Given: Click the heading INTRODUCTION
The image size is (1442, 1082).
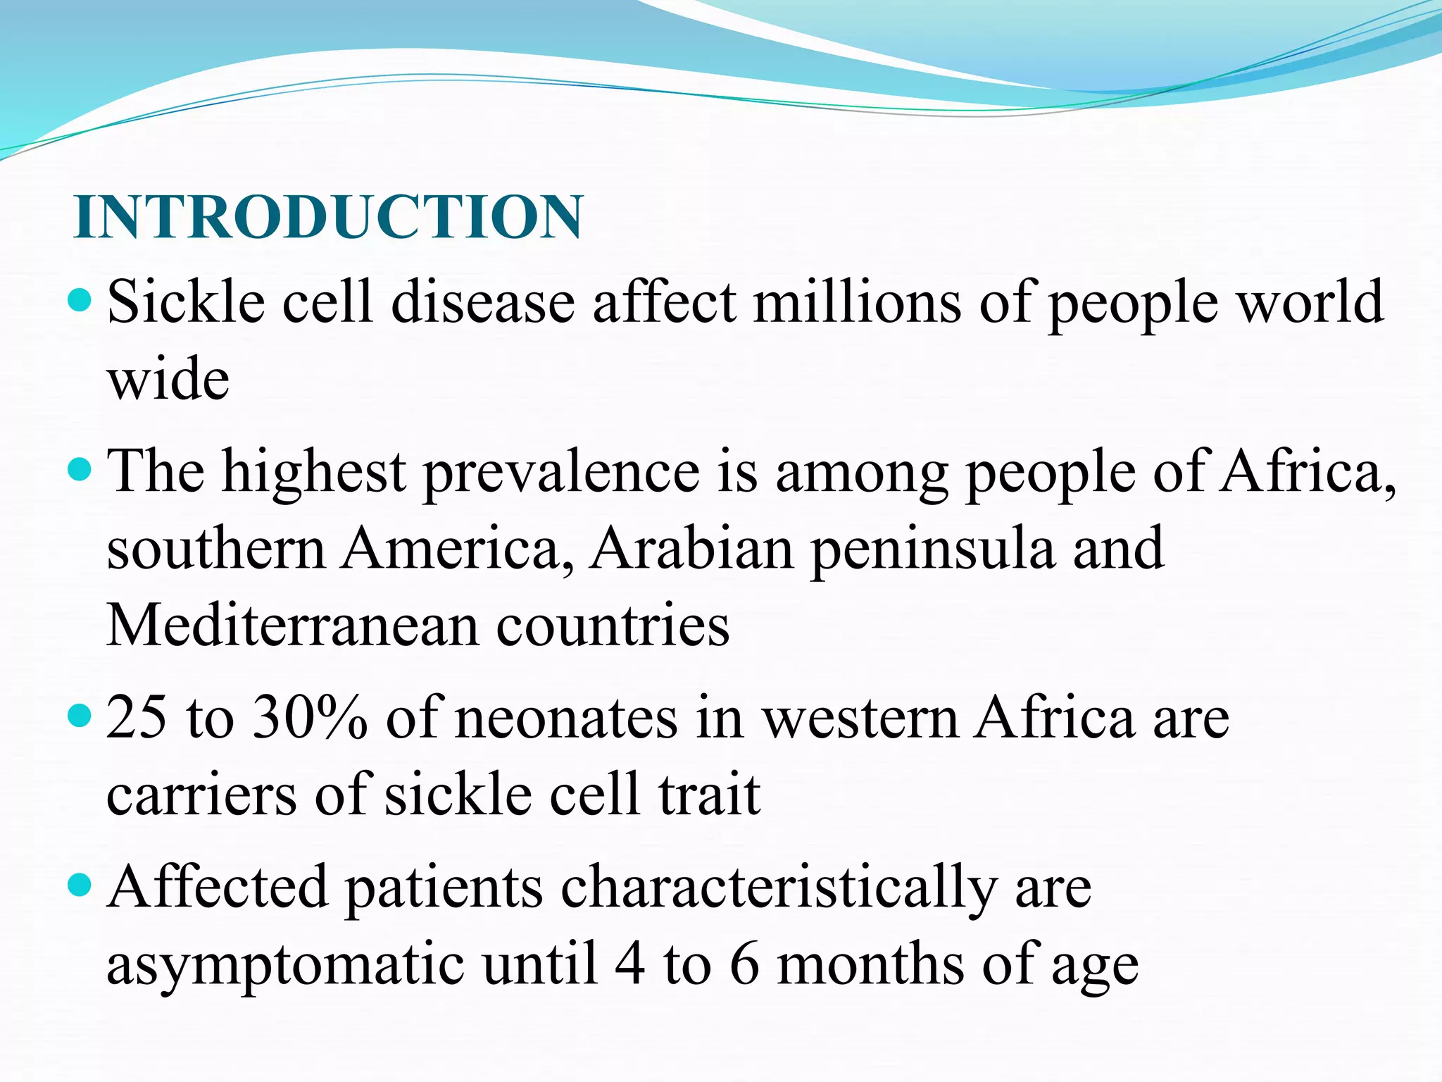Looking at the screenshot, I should click(328, 216).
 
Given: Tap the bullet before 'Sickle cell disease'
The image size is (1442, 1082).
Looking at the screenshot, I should click(81, 301).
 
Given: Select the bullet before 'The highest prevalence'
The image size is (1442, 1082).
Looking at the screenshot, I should click(81, 469).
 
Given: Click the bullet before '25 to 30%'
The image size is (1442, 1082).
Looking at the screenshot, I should click(81, 716).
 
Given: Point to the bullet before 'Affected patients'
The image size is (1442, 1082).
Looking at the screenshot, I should click(81, 885).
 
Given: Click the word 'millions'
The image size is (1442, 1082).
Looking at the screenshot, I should click(856, 303).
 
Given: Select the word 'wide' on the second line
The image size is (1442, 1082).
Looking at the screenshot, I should click(168, 380).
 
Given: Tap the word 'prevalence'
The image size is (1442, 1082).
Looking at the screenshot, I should click(561, 472).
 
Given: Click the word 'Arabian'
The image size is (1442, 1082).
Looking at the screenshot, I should click(691, 549).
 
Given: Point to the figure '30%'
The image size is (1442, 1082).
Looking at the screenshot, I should click(310, 718).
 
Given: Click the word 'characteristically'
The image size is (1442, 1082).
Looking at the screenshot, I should click(779, 888).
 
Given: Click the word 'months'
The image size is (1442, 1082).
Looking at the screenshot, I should click(870, 965).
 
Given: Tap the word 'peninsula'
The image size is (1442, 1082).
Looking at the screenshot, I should click(932, 550).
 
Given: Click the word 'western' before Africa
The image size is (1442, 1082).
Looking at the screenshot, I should click(860, 719).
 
